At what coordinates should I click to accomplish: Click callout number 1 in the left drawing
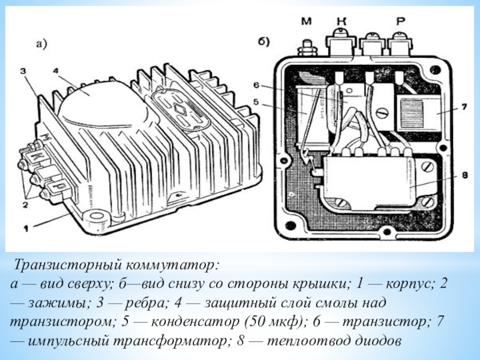tap(26, 228)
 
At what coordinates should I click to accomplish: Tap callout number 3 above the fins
tap(23, 71)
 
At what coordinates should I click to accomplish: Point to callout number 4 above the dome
tap(55, 71)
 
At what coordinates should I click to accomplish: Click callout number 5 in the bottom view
tap(256, 101)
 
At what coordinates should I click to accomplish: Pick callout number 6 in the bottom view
tap(256, 85)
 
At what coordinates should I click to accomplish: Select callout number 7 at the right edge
tap(464, 107)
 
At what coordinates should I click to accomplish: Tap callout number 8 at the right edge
tap(464, 175)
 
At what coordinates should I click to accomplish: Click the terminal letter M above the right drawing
tap(306, 21)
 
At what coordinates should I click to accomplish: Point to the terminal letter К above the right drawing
tap(341, 21)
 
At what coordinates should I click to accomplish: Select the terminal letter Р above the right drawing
tap(400, 21)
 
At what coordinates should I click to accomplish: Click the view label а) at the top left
tap(41, 44)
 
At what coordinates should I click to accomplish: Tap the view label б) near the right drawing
tap(263, 41)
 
